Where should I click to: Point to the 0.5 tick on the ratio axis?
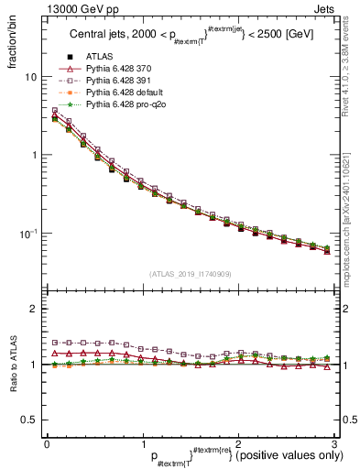click(x=29, y=420)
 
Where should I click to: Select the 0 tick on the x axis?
click(x=47, y=445)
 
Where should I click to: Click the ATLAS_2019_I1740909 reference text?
click(x=189, y=273)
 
